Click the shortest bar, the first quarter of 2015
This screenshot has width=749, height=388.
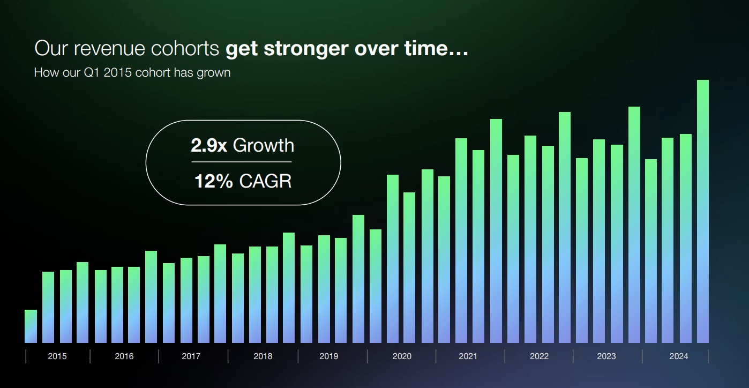point(31,326)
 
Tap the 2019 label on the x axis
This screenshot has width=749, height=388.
point(329,356)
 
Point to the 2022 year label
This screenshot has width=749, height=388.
point(539,356)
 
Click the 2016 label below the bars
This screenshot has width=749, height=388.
point(124,356)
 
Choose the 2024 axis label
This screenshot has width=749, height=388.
point(679,356)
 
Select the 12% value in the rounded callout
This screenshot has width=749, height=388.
point(213,181)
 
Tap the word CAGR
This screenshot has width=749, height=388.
point(265,181)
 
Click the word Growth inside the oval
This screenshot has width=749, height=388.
point(264,146)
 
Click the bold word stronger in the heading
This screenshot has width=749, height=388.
point(303,49)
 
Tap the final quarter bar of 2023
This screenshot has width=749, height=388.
point(634,225)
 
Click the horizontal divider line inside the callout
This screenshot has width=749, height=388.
point(242,162)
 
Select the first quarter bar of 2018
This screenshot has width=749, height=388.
point(238,298)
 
